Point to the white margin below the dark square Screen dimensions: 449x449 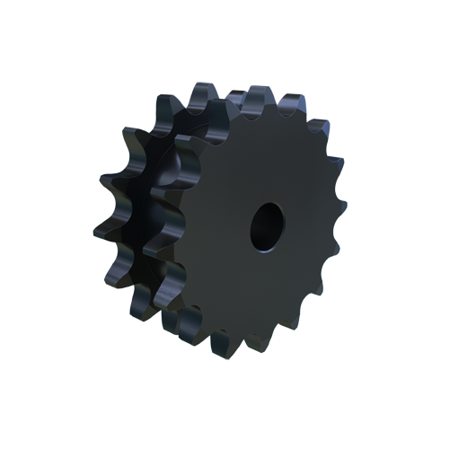coord(224,404)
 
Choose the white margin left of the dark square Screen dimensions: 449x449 coord(45,224)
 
